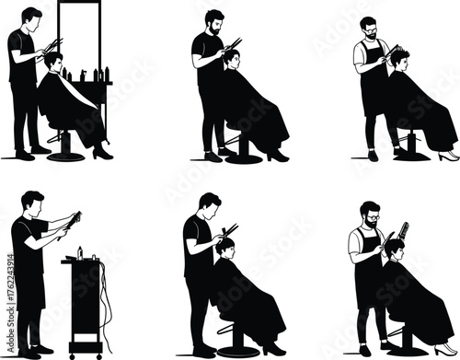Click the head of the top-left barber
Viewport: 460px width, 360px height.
point(32,17)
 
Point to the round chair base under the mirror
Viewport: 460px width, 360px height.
point(65,155)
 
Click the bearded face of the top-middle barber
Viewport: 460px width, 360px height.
point(213,22)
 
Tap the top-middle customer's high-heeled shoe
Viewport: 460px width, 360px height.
point(277,156)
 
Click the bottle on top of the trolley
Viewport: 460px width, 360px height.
point(81,250)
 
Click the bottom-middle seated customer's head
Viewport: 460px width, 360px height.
point(225,246)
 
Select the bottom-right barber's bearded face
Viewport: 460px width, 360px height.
point(370,217)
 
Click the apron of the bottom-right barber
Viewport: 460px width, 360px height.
point(370,276)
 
